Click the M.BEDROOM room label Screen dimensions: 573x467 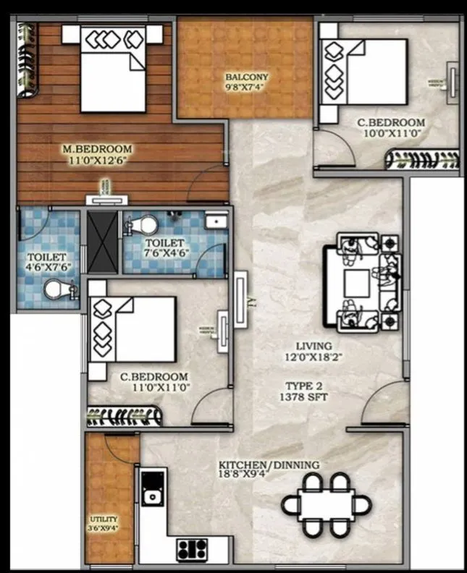click(97, 149)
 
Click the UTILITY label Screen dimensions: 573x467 click(103, 519)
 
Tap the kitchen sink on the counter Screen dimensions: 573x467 click(153, 496)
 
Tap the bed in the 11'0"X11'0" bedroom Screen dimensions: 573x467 click(134, 329)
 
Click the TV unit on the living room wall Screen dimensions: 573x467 click(240, 297)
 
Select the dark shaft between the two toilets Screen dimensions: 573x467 click(101, 241)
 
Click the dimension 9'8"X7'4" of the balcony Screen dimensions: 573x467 click(246, 88)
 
